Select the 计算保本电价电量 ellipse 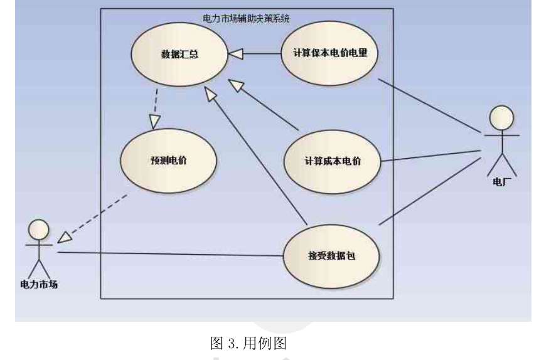click(x=330, y=53)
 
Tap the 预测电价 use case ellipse click(x=168, y=160)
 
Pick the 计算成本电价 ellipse click(x=333, y=161)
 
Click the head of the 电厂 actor click(x=501, y=117)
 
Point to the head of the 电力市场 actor click(x=39, y=230)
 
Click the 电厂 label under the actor click(x=501, y=184)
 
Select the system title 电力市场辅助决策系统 click(x=247, y=18)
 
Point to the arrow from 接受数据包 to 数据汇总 click(x=257, y=157)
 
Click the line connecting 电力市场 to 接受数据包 click(x=169, y=254)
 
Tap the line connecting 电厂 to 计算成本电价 click(x=433, y=156)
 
